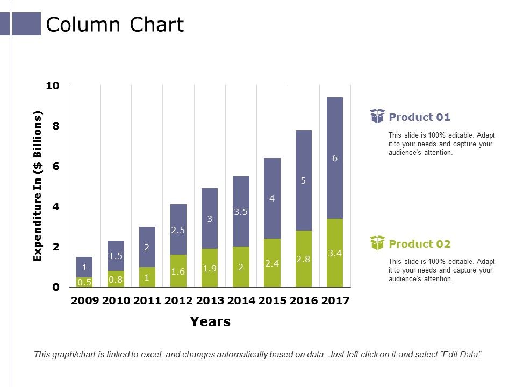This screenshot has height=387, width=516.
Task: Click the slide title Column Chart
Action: (x=115, y=25)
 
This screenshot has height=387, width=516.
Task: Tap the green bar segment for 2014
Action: (x=241, y=267)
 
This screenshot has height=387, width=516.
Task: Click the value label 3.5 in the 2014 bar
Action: (x=241, y=212)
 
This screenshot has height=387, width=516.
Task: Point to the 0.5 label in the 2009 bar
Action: (x=84, y=282)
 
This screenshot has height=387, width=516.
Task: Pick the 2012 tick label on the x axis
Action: (x=178, y=300)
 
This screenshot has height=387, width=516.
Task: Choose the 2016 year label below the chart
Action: (x=303, y=300)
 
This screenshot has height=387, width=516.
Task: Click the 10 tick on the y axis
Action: (x=53, y=86)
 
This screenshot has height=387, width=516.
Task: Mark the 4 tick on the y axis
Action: (x=56, y=207)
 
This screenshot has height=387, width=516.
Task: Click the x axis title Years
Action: (x=210, y=322)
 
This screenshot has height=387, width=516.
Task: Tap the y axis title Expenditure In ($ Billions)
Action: (x=38, y=187)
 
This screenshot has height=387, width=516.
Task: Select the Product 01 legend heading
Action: (x=419, y=117)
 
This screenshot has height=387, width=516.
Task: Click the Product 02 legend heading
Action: (x=419, y=244)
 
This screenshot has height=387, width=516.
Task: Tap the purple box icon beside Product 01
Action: (x=377, y=116)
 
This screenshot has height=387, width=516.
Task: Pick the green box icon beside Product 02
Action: (x=377, y=243)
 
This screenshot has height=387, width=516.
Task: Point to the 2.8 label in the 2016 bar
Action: (x=303, y=259)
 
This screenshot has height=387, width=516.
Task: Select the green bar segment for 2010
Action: (x=116, y=279)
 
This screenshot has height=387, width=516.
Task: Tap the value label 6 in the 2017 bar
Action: (x=335, y=158)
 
